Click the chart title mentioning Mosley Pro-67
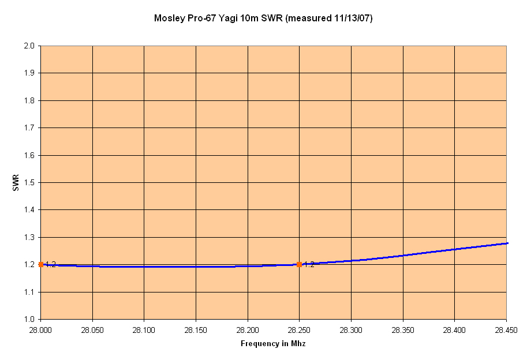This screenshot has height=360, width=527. click(263, 18)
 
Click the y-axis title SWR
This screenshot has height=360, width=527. click(16, 182)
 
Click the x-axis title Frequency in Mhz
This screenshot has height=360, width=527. click(273, 344)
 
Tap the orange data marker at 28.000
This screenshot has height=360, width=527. click(41, 264)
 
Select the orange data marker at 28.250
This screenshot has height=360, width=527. click(299, 264)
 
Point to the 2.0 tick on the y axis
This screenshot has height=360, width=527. click(29, 46)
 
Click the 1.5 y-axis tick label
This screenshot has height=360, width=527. click(29, 182)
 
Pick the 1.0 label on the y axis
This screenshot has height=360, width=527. click(29, 319)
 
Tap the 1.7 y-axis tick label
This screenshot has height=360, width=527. click(29, 127)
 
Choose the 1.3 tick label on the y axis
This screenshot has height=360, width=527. click(29, 237)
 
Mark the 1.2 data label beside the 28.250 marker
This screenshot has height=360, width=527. click(309, 265)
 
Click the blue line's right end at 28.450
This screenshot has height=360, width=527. click(506, 243)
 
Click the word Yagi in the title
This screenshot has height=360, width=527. click(229, 18)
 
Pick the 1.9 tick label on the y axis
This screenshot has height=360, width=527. click(29, 73)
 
